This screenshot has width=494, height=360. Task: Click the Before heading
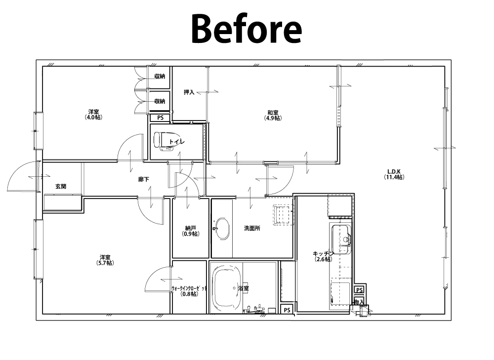pos(247,29)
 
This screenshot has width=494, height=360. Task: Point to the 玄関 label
pos(61,186)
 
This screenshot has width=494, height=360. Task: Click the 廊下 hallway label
pos(144,179)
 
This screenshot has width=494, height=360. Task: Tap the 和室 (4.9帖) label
pos(273,115)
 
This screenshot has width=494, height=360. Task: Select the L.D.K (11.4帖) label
pos(394,174)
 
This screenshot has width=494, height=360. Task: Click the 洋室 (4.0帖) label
pos(93,115)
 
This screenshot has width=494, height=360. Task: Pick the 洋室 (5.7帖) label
pos(105,260)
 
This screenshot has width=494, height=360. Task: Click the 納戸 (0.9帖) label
pos(191,231)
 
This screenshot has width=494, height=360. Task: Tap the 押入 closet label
pos(189,92)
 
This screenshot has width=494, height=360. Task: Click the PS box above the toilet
pos(161,118)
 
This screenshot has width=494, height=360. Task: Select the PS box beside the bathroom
pos(287,310)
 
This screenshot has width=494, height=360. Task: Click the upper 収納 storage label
pos(160,76)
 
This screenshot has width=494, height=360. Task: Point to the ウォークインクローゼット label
pos(189,288)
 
